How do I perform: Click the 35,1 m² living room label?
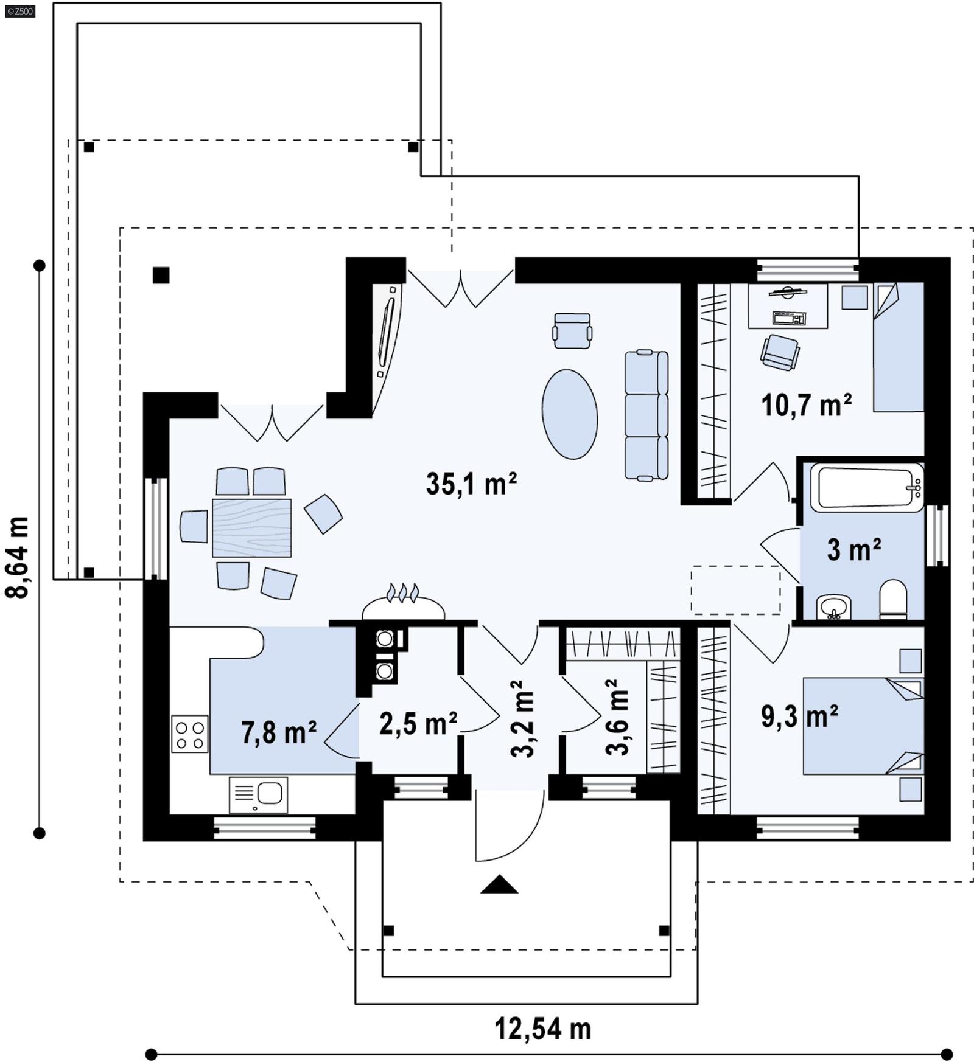pyautogui.click(x=471, y=484)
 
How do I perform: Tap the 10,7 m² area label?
pyautogui.click(x=806, y=405)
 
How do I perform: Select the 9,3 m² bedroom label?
pyautogui.click(x=799, y=717)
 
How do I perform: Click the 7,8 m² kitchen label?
pyautogui.click(x=279, y=732)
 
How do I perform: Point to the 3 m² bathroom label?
pyautogui.click(x=853, y=550)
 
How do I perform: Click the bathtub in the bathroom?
pyautogui.click(x=867, y=487)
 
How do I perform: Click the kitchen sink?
pyautogui.click(x=259, y=794)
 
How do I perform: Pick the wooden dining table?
pyautogui.click(x=251, y=528)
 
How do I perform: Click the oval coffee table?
pyautogui.click(x=570, y=414)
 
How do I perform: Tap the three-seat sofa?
pyautogui.click(x=646, y=415)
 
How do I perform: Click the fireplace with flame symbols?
pyautogui.click(x=403, y=605)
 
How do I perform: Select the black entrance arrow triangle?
pyautogui.click(x=499, y=884)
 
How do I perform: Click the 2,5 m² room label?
pyautogui.click(x=418, y=723)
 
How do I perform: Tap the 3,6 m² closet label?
pyautogui.click(x=617, y=718)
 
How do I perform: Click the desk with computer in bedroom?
pyautogui.click(x=788, y=307)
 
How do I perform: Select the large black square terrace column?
pyautogui.click(x=161, y=276)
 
